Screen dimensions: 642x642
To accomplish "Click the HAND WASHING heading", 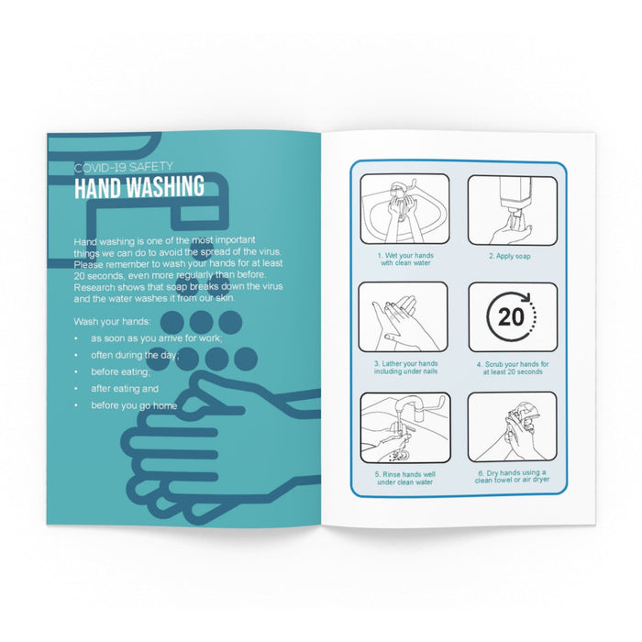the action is [x=139, y=187].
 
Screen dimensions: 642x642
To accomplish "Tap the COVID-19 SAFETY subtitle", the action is [x=124, y=167].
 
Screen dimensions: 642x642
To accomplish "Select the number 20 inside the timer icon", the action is [x=511, y=317].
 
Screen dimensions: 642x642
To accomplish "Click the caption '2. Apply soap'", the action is [x=510, y=256].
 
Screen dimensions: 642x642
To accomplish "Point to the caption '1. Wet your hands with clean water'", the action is [x=405, y=260].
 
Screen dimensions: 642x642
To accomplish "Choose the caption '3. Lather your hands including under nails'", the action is [x=405, y=367].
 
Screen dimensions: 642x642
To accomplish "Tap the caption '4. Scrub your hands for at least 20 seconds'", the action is [x=513, y=368].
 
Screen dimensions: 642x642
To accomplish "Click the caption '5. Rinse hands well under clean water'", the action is [x=405, y=478].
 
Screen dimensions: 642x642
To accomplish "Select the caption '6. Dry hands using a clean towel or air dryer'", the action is [x=512, y=476].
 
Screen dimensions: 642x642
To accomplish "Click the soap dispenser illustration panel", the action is [x=513, y=210].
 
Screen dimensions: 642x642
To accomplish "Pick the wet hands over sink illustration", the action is [x=404, y=209].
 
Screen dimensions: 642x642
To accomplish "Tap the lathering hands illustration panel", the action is [x=404, y=317].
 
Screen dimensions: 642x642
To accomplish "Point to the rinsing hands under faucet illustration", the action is [x=405, y=428].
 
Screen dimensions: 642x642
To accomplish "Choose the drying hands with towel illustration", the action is [x=512, y=426].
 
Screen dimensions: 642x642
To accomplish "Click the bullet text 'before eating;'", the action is [x=120, y=372].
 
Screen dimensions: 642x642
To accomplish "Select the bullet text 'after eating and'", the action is [x=125, y=389].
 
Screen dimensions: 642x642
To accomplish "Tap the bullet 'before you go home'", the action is [x=134, y=405].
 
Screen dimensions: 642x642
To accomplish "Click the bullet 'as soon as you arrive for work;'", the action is [x=157, y=338].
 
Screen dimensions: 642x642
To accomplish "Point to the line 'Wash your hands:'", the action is [x=112, y=322].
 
